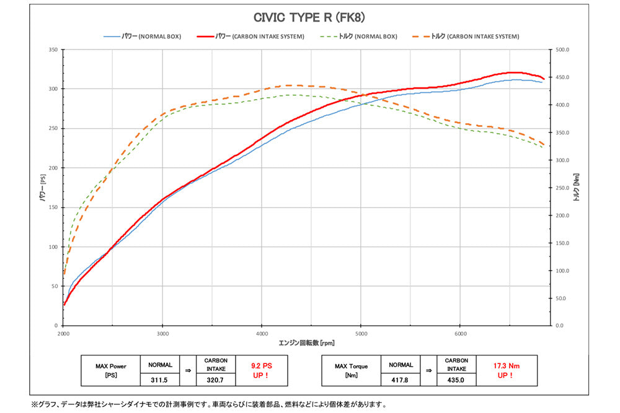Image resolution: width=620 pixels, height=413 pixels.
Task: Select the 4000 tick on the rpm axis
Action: coord(262,333)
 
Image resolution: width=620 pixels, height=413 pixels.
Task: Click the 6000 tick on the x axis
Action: coord(459,333)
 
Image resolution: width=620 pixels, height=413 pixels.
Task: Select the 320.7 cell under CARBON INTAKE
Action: coord(215,378)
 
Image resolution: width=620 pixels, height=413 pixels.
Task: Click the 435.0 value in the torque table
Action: coord(456,378)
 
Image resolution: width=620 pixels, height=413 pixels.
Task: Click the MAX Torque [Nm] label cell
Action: coord(351,370)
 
